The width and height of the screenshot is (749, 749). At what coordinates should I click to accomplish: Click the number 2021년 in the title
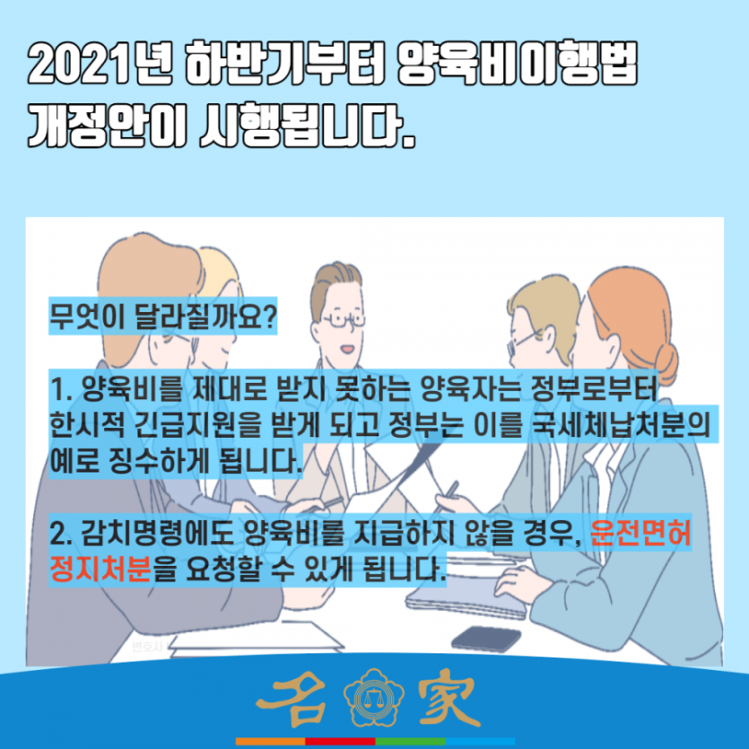click(100, 65)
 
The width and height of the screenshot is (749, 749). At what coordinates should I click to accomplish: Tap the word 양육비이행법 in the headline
click(518, 65)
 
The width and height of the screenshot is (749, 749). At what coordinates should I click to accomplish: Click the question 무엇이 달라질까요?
click(163, 317)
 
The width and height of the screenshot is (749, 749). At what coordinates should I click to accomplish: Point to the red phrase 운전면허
click(640, 532)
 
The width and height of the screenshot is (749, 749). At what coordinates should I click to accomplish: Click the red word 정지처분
click(100, 569)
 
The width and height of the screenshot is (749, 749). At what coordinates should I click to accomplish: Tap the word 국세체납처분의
click(622, 424)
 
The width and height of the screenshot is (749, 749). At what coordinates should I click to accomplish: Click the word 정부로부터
click(594, 388)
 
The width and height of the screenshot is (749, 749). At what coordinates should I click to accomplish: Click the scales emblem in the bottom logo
click(374, 699)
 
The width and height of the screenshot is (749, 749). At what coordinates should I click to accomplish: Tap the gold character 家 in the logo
click(449, 699)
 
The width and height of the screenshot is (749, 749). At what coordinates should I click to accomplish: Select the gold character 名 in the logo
click(295, 698)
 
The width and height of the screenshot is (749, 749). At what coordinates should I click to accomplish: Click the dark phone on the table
click(486, 639)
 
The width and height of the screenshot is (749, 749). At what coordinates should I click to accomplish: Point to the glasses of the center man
click(343, 320)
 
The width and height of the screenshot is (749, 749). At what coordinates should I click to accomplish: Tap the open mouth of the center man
click(347, 349)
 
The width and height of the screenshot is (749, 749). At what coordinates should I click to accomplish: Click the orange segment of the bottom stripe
click(270, 741)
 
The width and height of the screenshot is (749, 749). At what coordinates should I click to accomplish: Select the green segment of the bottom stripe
click(410, 741)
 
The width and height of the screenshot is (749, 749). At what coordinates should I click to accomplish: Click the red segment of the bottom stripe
click(341, 741)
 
